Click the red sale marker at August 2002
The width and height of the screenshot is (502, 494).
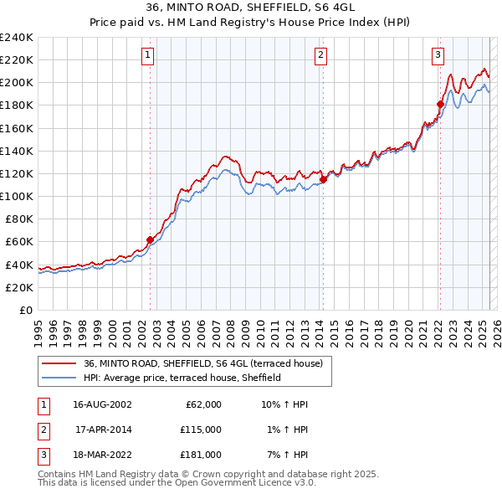[x=151, y=239]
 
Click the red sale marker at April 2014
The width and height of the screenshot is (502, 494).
[x=323, y=179]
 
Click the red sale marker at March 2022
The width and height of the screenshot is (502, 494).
[x=440, y=104]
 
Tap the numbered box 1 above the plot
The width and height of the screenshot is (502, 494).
[x=147, y=56]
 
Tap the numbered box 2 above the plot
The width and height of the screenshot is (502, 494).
[x=320, y=56]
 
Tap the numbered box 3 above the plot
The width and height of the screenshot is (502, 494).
[x=438, y=56]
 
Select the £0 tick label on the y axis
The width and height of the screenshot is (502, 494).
[x=25, y=310]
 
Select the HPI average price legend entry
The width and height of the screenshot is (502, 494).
[x=182, y=378]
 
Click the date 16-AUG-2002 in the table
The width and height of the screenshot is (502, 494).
[x=102, y=404]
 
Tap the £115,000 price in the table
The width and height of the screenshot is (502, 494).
[x=201, y=430]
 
